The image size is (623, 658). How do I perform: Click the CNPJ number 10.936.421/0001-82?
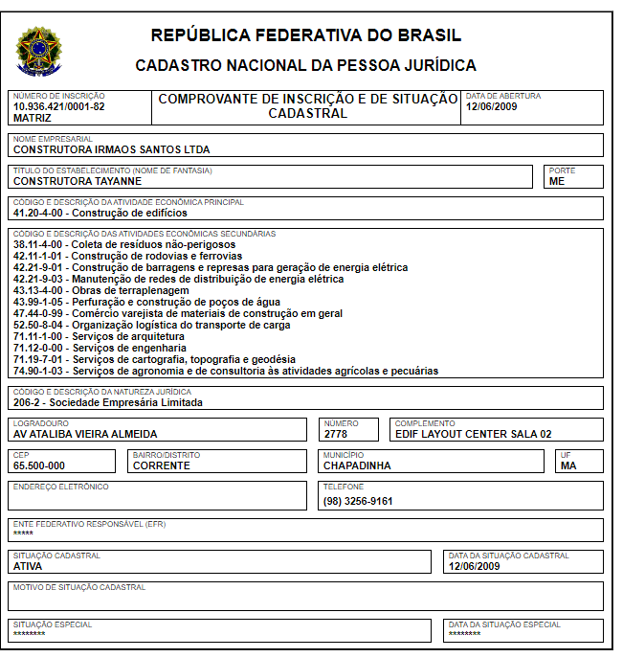(x=59, y=106)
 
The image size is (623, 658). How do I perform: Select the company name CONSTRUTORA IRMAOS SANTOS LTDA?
(x=111, y=149)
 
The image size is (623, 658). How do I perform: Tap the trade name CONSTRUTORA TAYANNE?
(x=78, y=181)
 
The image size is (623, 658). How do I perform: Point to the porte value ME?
(x=557, y=181)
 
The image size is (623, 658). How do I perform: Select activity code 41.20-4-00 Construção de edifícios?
(x=100, y=213)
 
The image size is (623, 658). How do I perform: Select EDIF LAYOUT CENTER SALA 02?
(x=474, y=434)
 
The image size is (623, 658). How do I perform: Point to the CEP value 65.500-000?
(x=39, y=465)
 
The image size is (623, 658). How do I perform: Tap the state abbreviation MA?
(x=568, y=465)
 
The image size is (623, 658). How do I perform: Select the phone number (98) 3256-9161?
(x=358, y=501)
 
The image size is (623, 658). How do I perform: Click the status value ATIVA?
(x=28, y=566)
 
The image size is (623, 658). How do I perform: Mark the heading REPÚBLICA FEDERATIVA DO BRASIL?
(x=306, y=36)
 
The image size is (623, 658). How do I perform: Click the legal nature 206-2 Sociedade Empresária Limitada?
(x=108, y=402)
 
